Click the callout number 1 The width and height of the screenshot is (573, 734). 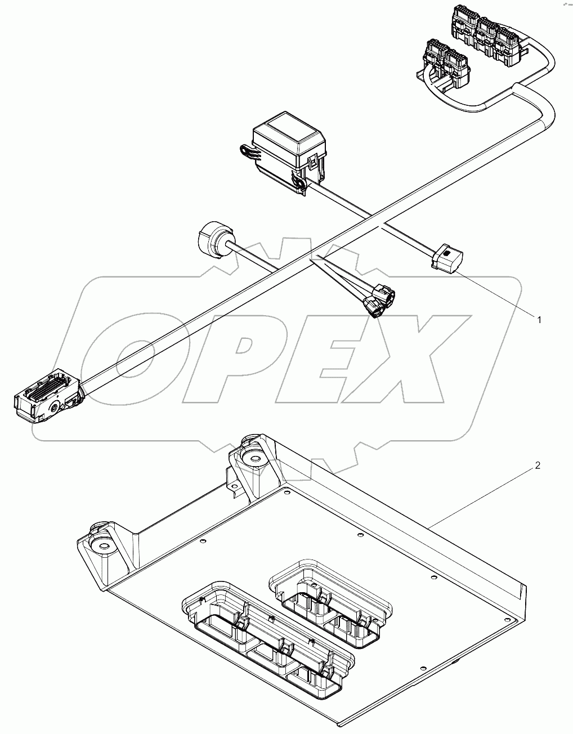coord(538,320)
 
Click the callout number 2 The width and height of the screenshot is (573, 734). coord(538,466)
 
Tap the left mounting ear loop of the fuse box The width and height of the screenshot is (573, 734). coord(247,151)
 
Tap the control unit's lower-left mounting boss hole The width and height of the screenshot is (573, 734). coord(102,544)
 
